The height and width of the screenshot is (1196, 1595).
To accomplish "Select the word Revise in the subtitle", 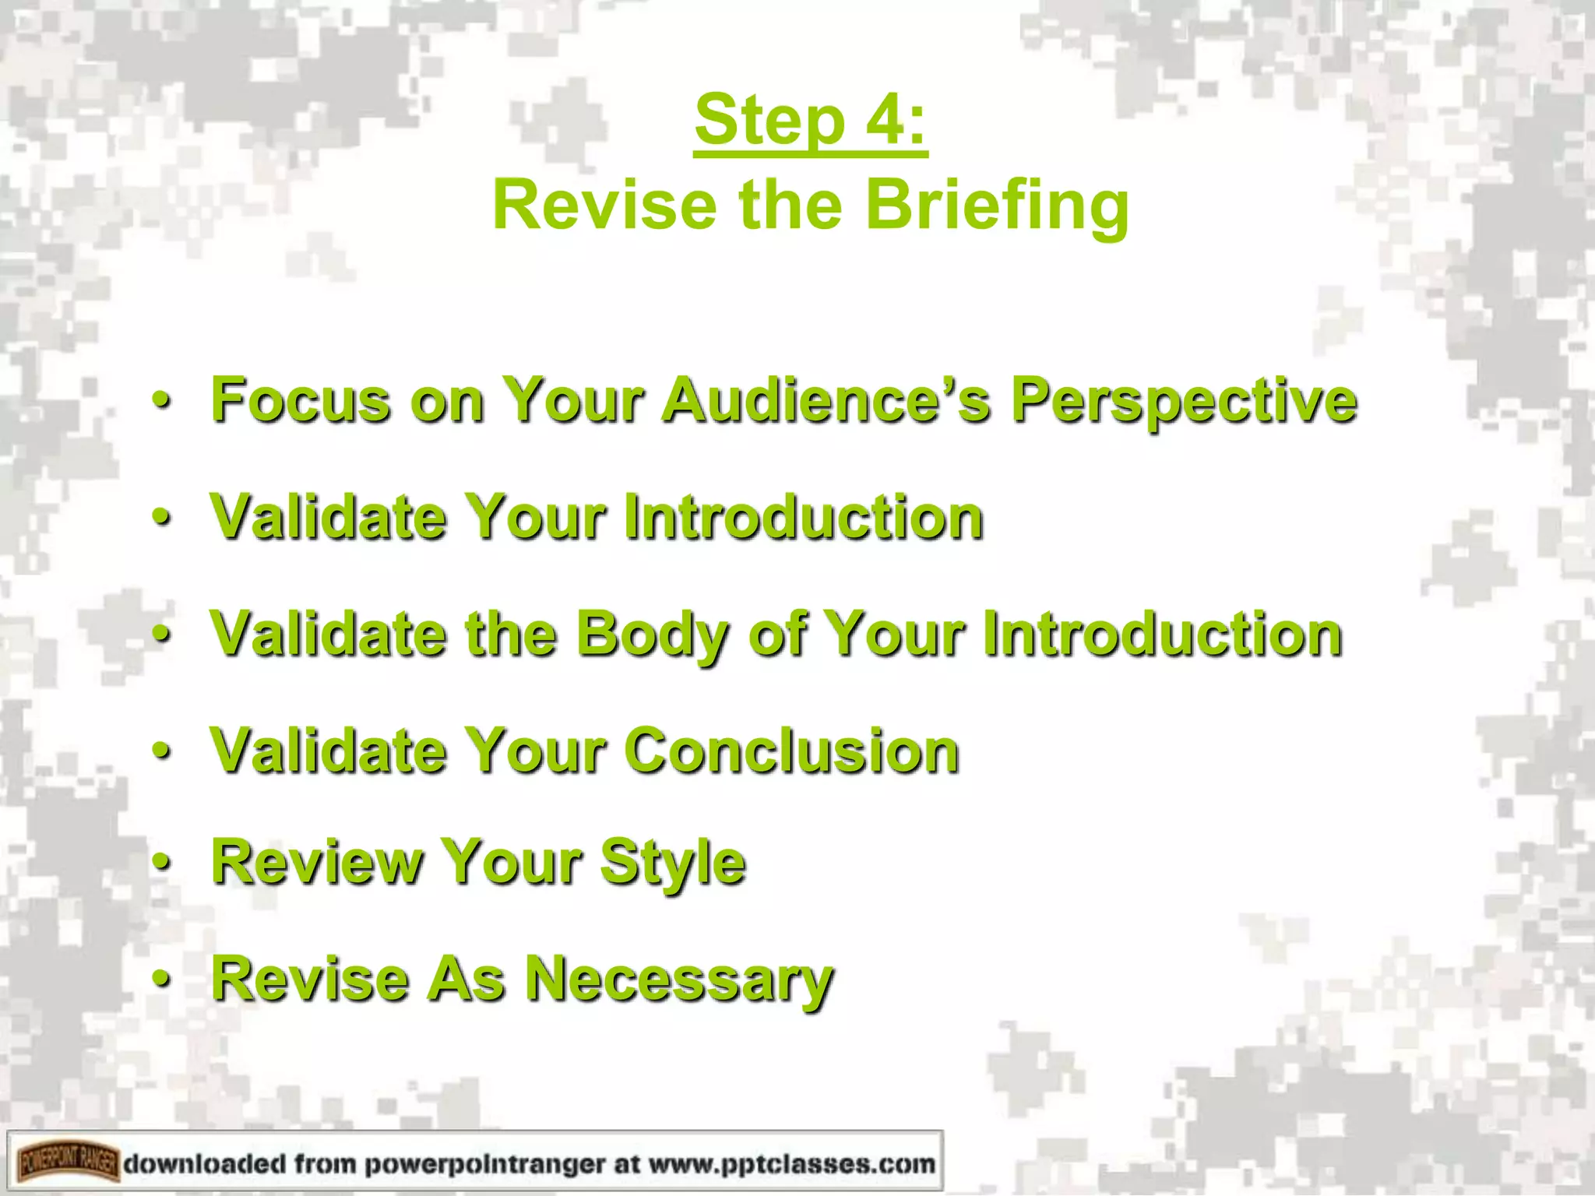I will (604, 204).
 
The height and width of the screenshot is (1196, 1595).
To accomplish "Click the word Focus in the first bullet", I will (300, 400).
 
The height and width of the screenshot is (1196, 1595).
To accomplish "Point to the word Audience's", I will (826, 400).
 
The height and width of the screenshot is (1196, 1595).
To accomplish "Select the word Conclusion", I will (791, 751).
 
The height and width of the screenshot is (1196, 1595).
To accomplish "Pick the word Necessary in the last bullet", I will (678, 980).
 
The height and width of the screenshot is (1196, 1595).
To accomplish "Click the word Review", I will (315, 863).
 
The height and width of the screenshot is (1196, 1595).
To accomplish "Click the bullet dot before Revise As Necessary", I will (161, 979).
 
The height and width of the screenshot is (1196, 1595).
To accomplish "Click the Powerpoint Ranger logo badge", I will (69, 1164).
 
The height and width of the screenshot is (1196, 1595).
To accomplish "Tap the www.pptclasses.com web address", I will (791, 1164).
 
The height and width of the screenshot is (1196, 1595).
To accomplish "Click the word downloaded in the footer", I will (205, 1164).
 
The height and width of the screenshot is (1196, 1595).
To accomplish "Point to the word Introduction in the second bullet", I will (804, 518).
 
